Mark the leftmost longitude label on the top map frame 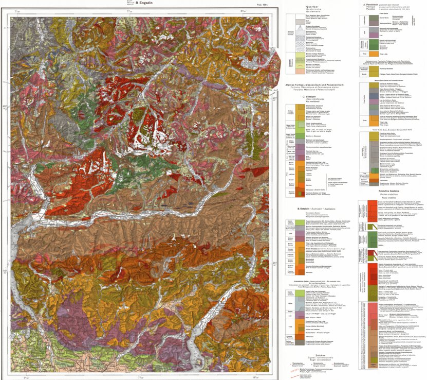pos(18,11)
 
